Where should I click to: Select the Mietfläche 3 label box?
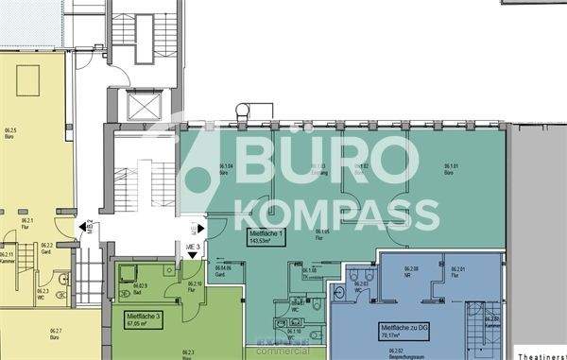coord(134,318)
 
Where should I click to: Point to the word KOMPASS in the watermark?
coord(336,214)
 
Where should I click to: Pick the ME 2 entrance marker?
coord(88,226)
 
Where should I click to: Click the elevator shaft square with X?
coord(136,106)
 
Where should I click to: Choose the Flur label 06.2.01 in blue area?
coord(460,272)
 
